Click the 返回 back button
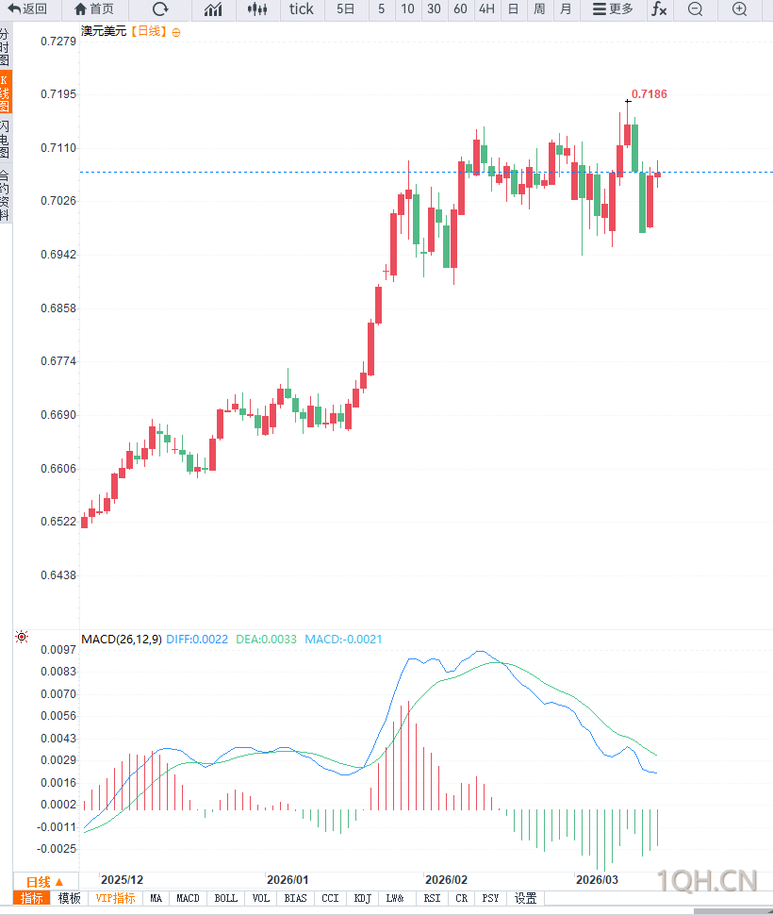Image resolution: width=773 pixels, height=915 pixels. [27, 9]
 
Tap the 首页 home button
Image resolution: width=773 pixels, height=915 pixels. [93, 9]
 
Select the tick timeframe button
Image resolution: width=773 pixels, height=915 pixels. [302, 9]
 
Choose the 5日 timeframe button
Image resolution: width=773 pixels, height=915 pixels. [346, 9]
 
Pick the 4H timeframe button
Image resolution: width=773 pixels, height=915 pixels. [486, 9]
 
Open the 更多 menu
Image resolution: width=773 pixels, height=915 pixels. [613, 9]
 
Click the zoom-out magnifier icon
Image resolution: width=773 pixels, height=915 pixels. [695, 9]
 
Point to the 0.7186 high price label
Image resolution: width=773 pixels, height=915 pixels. [650, 94]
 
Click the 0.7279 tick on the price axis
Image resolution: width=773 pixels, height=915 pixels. [58, 42]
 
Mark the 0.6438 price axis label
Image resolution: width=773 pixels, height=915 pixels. [58, 574]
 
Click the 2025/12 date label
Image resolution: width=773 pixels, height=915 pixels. [122, 878]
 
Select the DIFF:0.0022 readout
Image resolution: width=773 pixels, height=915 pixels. [197, 640]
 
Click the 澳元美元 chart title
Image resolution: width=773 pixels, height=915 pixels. [104, 31]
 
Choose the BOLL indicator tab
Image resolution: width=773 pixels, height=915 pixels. [225, 899]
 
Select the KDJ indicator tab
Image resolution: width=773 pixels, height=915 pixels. [363, 899]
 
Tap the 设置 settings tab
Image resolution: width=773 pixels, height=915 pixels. [525, 899]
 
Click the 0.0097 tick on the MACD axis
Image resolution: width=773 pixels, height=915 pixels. [58, 650]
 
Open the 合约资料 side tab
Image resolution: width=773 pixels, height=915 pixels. [6, 195]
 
